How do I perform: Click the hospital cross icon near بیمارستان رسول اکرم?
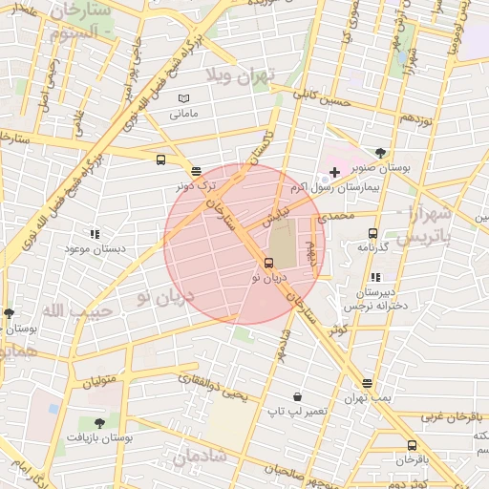[x=334, y=171]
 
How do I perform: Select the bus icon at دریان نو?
[x=268, y=264]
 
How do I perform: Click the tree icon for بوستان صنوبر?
[x=381, y=153]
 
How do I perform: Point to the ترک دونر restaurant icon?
[x=196, y=172]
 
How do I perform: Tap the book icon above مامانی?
[x=183, y=98]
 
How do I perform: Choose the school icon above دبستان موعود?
[x=94, y=234]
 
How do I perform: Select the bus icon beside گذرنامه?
[x=372, y=233]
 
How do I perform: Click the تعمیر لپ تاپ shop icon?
[x=298, y=396]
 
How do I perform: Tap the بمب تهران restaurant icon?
[x=368, y=383]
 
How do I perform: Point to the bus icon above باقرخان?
[x=412, y=445]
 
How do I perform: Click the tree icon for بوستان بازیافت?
[x=99, y=422]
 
